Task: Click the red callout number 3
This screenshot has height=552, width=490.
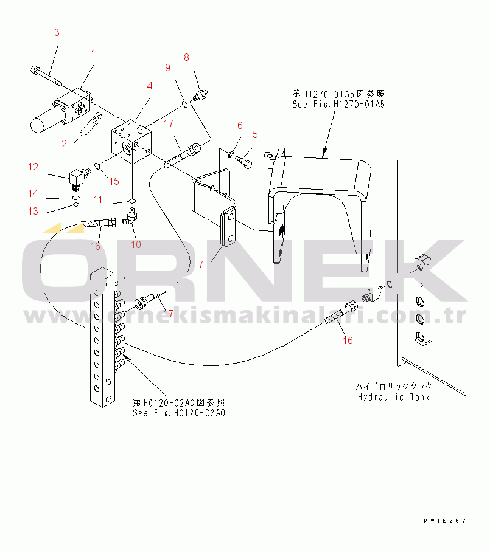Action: point(57,32)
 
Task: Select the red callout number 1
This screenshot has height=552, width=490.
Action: point(93,53)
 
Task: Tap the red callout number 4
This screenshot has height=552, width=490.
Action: point(150,86)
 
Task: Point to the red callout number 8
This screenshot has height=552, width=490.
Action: point(186,57)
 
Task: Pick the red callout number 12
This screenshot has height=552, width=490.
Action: point(33,167)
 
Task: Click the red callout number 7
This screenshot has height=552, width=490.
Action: point(201,264)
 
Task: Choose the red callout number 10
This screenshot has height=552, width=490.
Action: point(136,244)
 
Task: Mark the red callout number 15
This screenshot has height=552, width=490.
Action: point(114,181)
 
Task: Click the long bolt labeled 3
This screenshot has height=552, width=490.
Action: point(46,76)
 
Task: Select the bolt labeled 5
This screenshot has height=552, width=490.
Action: point(243,162)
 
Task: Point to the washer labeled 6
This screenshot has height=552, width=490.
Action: point(231,153)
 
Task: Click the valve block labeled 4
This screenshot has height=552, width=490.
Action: point(131,142)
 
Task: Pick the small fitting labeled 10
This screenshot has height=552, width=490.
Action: point(130,216)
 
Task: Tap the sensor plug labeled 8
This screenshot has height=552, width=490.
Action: point(200,95)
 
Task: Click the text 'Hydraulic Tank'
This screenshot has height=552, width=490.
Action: point(393,397)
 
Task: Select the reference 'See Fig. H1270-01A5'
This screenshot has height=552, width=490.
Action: point(338,104)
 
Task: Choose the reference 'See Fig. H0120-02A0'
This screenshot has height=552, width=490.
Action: point(179,413)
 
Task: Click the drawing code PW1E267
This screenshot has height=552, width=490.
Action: point(445,520)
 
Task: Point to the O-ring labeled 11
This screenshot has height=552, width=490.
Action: point(132,201)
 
